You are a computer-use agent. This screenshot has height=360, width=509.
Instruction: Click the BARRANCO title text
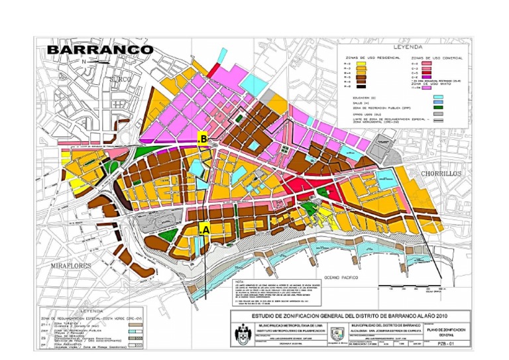pos(100,50)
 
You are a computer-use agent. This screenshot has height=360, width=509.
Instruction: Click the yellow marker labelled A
pos(205,228)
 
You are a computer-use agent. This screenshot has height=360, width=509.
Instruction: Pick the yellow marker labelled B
pos(204,139)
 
